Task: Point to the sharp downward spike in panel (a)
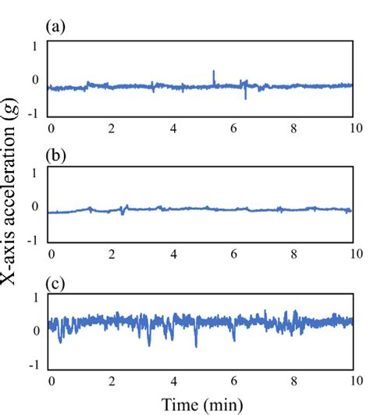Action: (246, 97)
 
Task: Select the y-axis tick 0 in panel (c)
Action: (34, 331)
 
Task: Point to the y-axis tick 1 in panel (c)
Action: (34, 298)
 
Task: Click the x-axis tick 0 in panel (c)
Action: (52, 380)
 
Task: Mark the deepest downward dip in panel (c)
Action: (196, 345)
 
